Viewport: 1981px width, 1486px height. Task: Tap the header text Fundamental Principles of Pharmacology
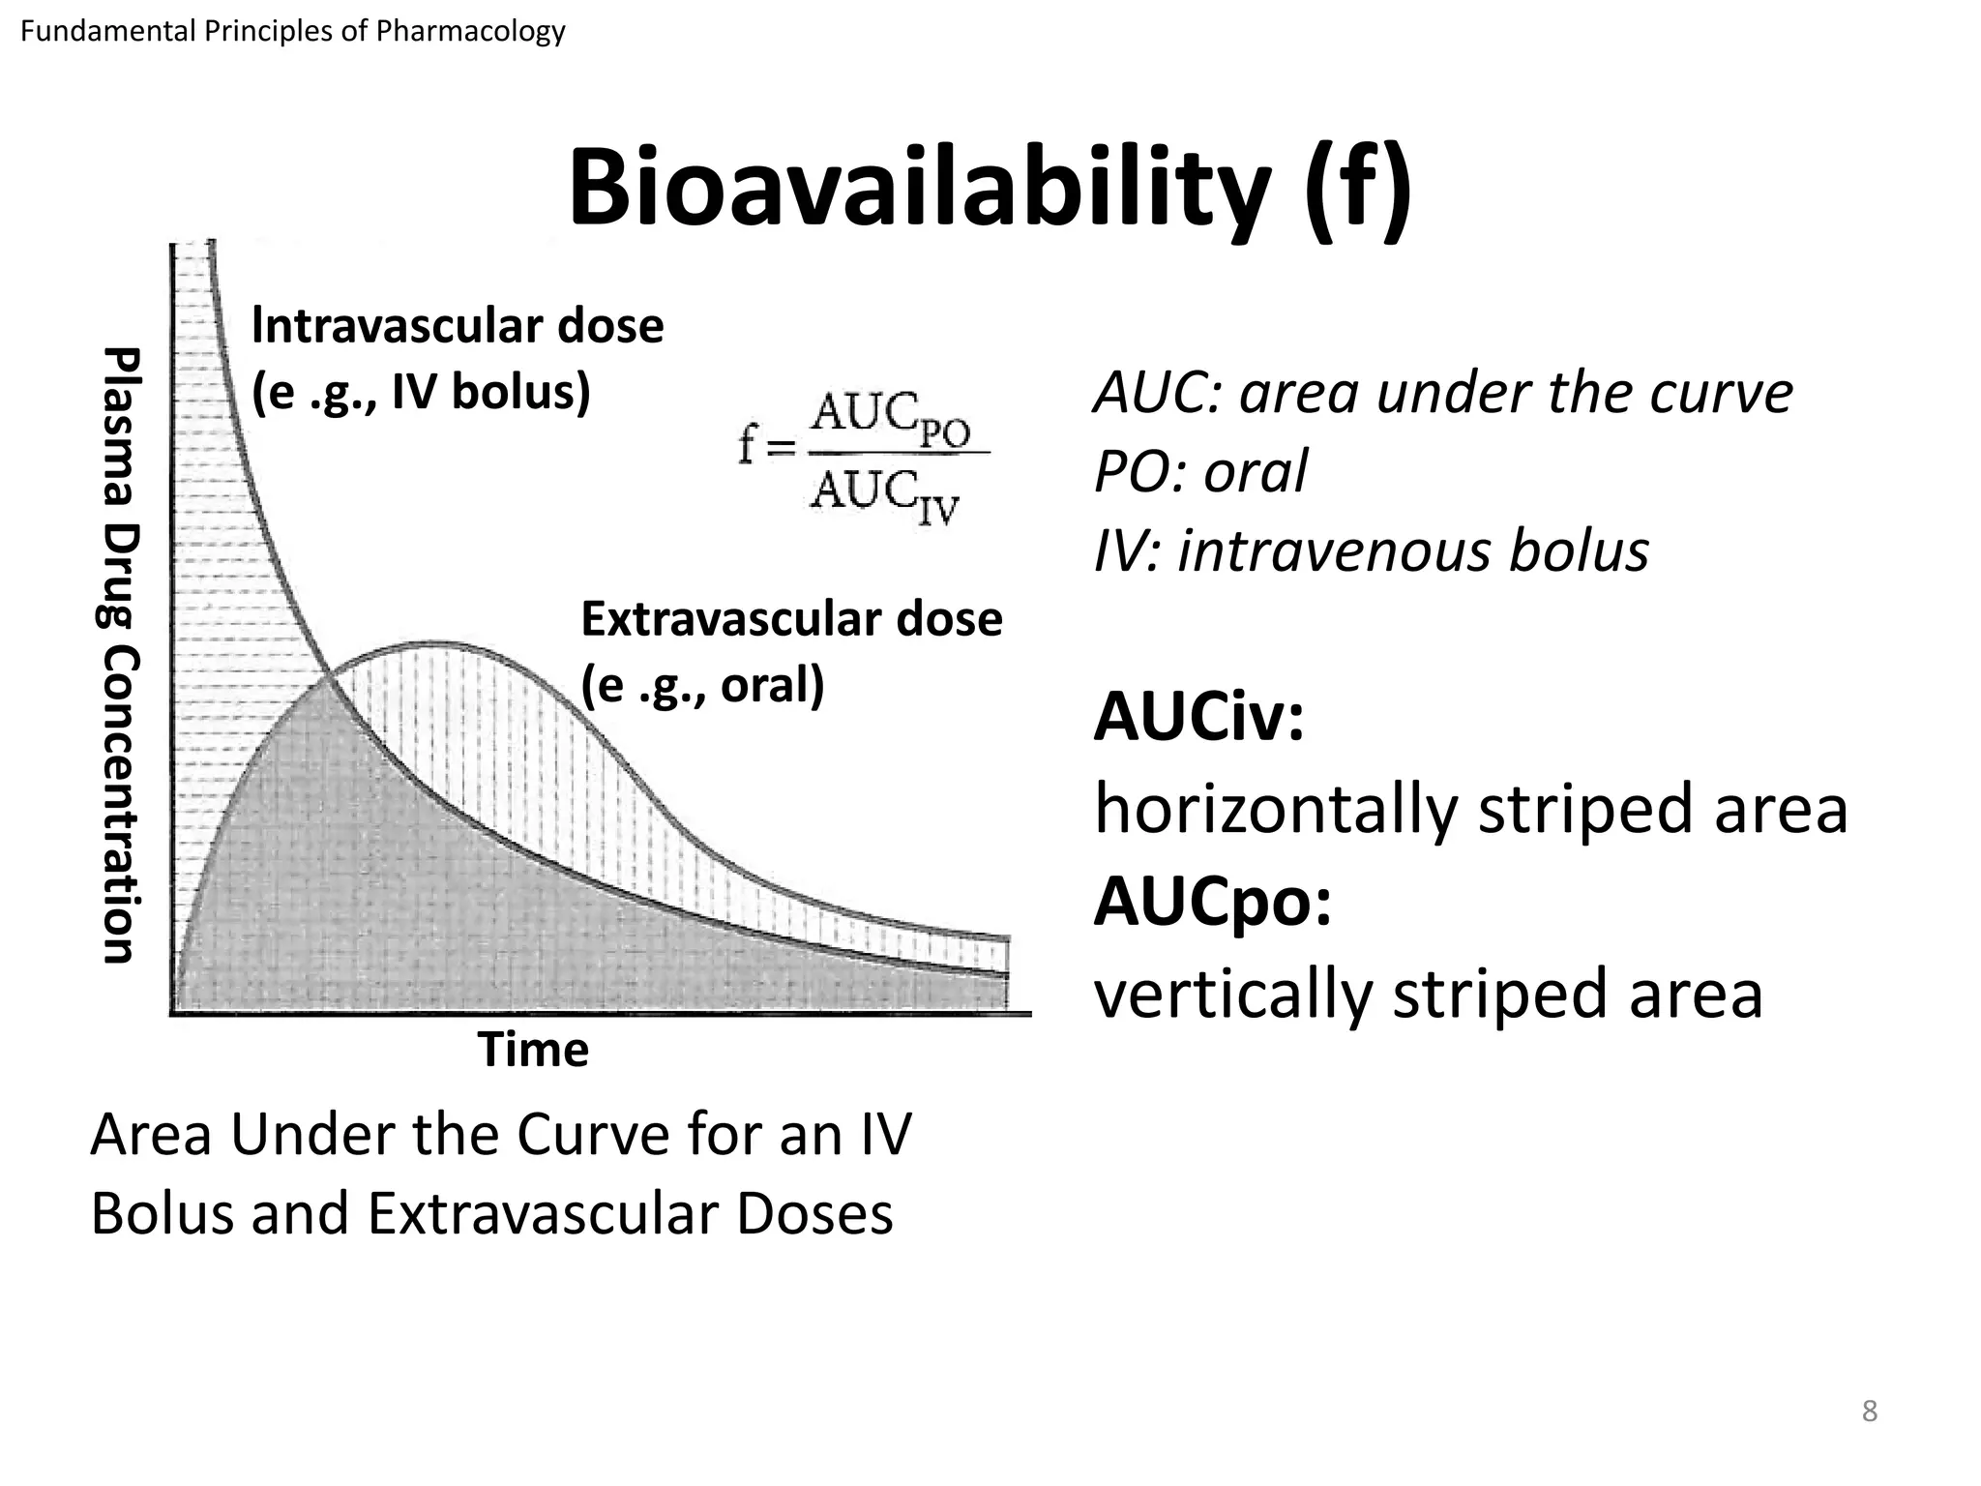pos(292,32)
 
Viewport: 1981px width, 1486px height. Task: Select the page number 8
pos(1869,1412)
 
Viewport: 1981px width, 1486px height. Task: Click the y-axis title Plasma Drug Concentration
pos(123,655)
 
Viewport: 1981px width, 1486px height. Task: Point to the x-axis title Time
pos(533,1050)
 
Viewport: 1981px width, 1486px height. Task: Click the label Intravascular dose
pos(458,326)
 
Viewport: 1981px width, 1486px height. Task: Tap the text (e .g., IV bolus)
pos(421,392)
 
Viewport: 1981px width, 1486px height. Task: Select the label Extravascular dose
pos(791,619)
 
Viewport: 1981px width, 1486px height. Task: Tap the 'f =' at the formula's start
pos(764,447)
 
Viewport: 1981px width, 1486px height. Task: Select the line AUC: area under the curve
pos(1442,393)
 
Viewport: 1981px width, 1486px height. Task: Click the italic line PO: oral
pos(1199,472)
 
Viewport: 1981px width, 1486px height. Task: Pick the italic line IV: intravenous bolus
pos(1371,551)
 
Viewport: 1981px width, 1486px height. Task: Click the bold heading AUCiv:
pos(1198,719)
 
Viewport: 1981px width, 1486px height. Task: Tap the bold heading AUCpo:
pos(1212,902)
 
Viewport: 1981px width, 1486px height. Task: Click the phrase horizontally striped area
pos(1470,809)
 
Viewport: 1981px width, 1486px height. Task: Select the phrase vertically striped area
pos(1428,994)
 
